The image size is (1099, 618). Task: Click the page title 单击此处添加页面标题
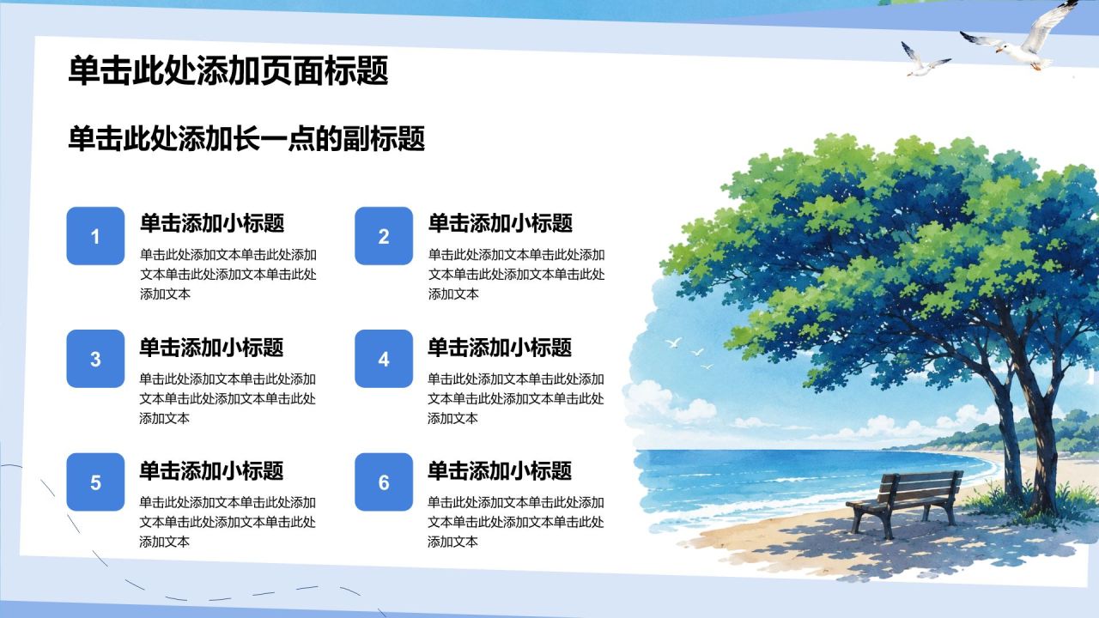pos(228,71)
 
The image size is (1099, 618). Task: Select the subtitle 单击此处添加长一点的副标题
pos(246,139)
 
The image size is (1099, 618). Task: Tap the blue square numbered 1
pos(95,236)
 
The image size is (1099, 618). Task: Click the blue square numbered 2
pos(384,236)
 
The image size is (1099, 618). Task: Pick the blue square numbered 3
pos(95,359)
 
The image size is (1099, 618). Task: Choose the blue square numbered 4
pos(384,359)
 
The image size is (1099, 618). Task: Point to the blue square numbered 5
pos(95,482)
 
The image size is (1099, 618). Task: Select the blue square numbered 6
pos(384,482)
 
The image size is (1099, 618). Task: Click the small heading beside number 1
pos(212,223)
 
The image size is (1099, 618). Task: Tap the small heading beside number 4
pos(500,348)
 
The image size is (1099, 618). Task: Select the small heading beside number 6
pos(500,471)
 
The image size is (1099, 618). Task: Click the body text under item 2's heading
pos(517,274)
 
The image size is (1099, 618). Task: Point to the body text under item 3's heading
pos(228,398)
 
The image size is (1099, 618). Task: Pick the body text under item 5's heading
pos(228,522)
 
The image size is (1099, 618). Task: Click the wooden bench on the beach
pos(906,503)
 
